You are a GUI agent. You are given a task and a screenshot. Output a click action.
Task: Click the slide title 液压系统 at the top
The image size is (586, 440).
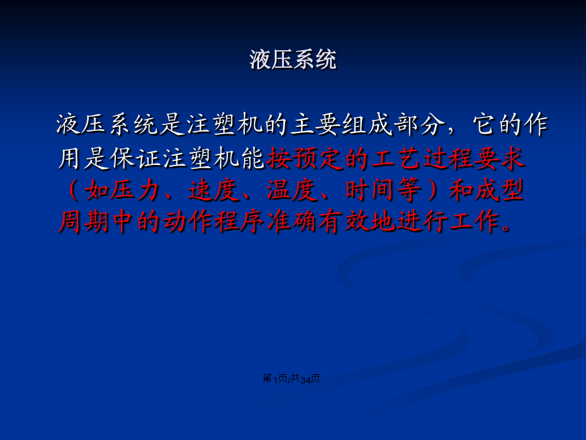click(x=293, y=59)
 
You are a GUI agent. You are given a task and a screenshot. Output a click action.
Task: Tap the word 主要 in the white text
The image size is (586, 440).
click(x=316, y=124)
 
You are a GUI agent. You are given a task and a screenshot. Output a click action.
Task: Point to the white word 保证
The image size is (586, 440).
click(x=135, y=158)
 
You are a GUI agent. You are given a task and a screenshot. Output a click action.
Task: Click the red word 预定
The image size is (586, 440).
click(x=318, y=158)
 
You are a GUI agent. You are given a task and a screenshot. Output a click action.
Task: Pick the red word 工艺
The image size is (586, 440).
click(x=396, y=158)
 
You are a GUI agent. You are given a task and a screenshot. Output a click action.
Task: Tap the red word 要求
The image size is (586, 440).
click(x=499, y=158)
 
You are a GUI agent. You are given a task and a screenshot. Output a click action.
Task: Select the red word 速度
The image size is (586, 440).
click(x=214, y=190)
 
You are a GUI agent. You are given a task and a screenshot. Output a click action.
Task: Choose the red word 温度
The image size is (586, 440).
click(x=292, y=190)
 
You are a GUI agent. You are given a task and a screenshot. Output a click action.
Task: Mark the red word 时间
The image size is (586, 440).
click(x=370, y=190)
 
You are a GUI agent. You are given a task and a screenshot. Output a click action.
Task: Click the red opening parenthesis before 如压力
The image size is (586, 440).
click(x=74, y=190)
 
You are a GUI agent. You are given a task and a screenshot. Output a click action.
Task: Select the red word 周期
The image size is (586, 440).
click(x=84, y=222)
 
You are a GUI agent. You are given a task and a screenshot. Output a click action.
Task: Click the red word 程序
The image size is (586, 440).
click(x=240, y=222)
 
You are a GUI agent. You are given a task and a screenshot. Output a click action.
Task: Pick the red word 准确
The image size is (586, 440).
click(x=292, y=222)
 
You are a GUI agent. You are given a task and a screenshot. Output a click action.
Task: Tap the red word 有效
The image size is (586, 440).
click(x=344, y=222)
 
